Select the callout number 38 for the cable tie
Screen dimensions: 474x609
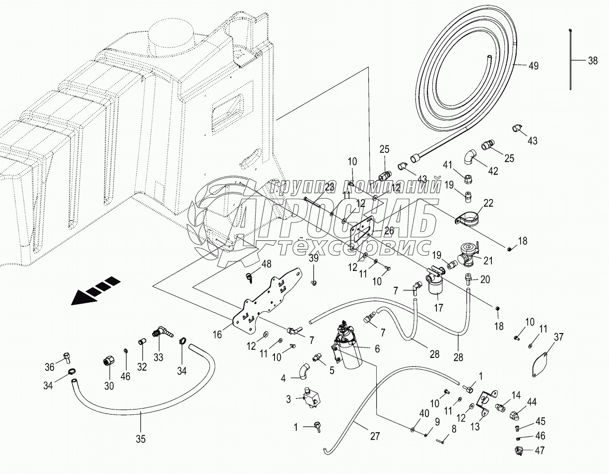[593, 61]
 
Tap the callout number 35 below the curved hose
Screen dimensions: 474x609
[141, 438]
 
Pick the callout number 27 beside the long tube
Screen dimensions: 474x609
[374, 437]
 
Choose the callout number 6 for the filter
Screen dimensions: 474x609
[377, 349]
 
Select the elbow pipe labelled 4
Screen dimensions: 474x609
[304, 370]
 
